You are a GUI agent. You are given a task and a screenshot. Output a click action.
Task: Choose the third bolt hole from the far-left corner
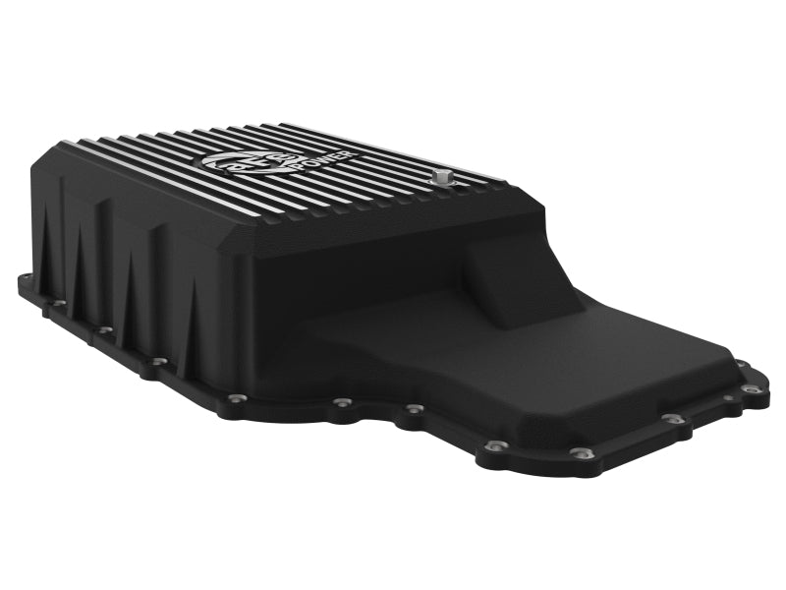[105, 331]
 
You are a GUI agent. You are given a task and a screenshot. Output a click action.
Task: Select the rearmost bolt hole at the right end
[740, 363]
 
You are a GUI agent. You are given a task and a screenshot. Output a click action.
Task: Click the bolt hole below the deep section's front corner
[236, 396]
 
